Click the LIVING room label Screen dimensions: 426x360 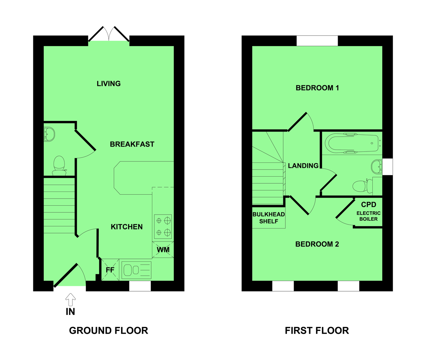tap(109, 84)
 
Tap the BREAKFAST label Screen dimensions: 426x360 tap(132, 144)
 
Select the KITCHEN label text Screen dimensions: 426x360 tap(127, 227)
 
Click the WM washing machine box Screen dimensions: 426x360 tap(163, 250)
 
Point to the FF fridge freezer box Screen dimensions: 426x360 tap(110, 270)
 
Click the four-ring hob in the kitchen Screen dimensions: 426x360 tap(163, 227)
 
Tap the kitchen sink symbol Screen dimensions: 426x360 tap(136, 270)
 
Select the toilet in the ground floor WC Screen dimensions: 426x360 tap(59, 165)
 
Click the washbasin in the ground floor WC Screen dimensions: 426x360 tap(49, 134)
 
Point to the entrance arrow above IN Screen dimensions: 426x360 tap(71, 299)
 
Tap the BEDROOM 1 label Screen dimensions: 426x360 tap(317, 88)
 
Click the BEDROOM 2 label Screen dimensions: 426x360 tap(317, 244)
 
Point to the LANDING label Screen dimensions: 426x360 tap(303, 166)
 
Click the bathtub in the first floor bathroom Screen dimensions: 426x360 tap(353, 143)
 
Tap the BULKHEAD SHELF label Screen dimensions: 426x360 tap(268, 218)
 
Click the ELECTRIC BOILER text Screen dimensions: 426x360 tap(368, 216)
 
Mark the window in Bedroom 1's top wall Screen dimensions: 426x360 tap(317, 41)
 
